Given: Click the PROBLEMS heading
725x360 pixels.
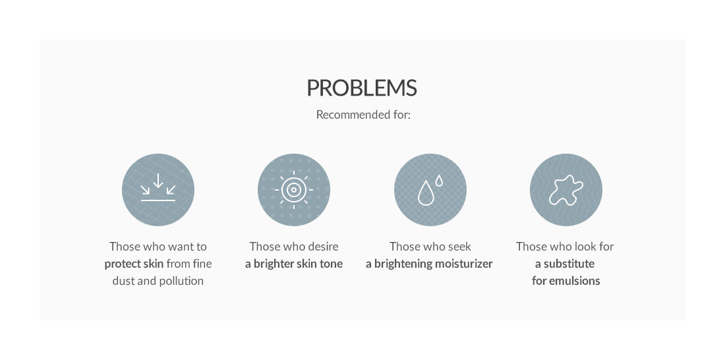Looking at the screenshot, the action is click(x=362, y=88).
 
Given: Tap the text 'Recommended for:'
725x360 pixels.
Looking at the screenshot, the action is click(x=363, y=115).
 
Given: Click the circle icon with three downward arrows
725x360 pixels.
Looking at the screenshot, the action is click(x=158, y=190).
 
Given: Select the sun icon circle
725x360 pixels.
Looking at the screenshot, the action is click(x=293, y=190).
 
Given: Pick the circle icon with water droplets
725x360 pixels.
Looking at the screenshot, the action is click(x=430, y=190).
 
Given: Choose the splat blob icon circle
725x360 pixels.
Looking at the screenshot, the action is click(x=566, y=190).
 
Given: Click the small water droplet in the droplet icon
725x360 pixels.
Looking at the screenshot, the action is click(x=439, y=181).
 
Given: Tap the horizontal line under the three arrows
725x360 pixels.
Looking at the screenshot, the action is click(x=158, y=200).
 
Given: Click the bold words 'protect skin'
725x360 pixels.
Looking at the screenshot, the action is click(x=134, y=264).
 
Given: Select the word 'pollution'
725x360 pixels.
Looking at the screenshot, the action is click(x=181, y=282).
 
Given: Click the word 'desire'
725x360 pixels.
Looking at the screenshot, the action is click(x=322, y=247).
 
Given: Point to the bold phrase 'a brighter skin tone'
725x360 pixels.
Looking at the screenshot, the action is click(x=293, y=264).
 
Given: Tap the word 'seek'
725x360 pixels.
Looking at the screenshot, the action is click(x=460, y=247).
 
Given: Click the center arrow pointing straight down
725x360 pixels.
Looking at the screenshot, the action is click(x=158, y=181).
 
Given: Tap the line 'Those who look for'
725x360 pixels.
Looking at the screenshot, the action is click(x=565, y=247).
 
